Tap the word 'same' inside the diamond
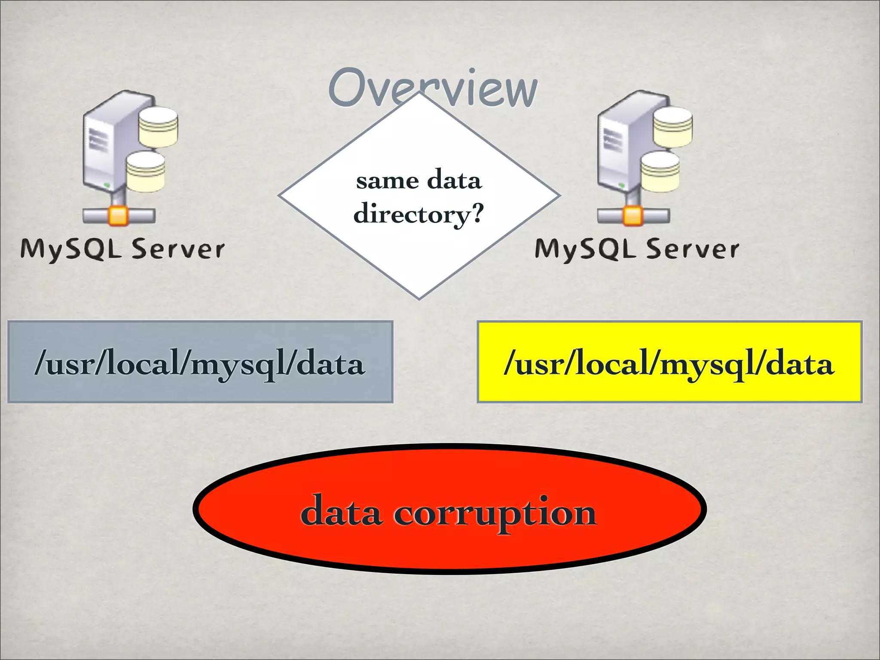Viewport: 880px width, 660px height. click(x=387, y=180)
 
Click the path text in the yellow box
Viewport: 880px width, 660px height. click(x=669, y=364)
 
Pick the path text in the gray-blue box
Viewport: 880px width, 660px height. click(x=200, y=364)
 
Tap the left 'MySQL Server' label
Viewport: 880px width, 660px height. click(x=122, y=249)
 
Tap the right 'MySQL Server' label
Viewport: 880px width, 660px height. click(x=637, y=249)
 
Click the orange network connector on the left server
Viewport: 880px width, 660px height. click(x=118, y=216)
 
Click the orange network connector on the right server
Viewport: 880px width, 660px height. click(x=632, y=216)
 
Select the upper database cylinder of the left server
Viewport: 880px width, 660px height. click(x=158, y=126)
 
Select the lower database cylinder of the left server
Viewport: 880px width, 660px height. click(x=145, y=171)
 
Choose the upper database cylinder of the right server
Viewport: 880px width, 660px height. click(x=672, y=126)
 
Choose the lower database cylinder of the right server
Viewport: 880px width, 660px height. click(x=660, y=171)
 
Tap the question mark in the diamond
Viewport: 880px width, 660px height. click(x=477, y=212)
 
